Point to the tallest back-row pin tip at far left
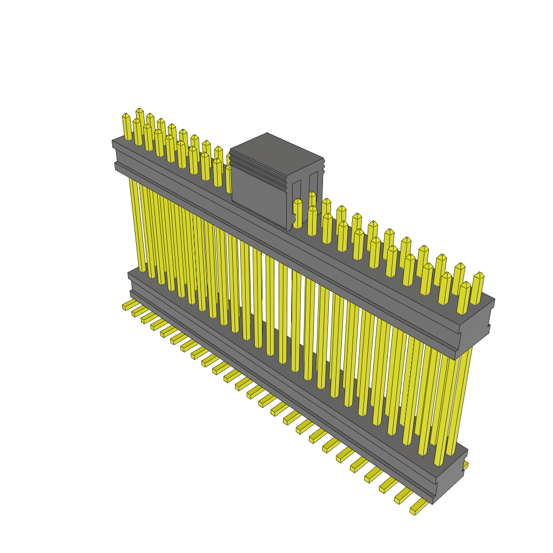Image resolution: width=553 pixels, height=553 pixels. coord(140,111)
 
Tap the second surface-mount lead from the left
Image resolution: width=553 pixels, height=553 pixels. coord(139,312)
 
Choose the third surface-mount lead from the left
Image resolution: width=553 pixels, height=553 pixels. coord(148,318)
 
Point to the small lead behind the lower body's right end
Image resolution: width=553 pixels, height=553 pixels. coord(466,464)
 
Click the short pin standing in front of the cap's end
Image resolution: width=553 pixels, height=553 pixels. coord(298,213)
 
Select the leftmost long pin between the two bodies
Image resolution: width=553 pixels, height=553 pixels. coord(137,224)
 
